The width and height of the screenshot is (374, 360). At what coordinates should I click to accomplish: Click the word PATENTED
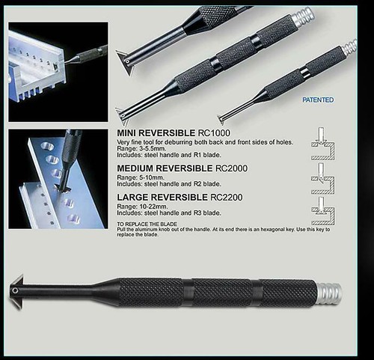[x=318, y=100]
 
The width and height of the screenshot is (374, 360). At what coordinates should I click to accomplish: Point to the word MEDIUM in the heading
[x=139, y=168]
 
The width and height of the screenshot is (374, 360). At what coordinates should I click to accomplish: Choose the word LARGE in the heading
[x=134, y=197]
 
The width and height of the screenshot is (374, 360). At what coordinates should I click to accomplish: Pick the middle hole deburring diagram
[x=322, y=177]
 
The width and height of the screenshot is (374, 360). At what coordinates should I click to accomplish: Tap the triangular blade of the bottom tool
[x=18, y=289]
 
